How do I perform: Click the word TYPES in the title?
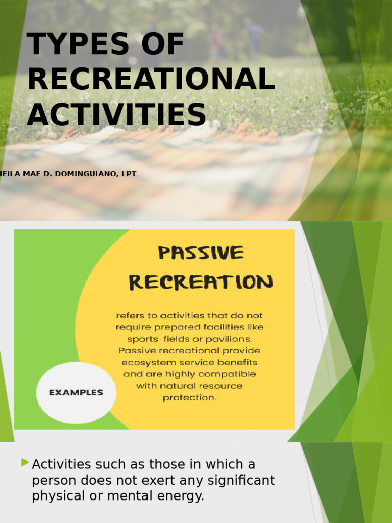(x=78, y=45)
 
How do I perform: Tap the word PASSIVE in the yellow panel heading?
(x=201, y=253)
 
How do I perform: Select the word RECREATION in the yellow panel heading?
(x=201, y=282)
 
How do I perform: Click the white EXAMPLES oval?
(x=76, y=393)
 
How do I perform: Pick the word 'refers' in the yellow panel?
(x=131, y=316)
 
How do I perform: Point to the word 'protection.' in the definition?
(x=190, y=397)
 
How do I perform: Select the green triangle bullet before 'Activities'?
(x=25, y=463)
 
